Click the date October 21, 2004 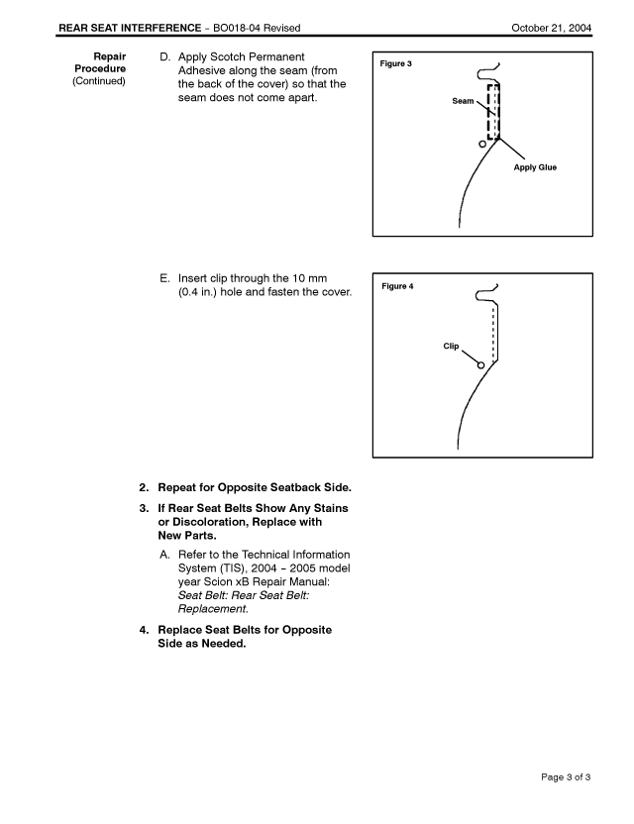[552, 26]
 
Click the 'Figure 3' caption [395, 64]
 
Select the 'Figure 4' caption [396, 286]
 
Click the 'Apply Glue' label [535, 167]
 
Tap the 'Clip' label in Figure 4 [451, 346]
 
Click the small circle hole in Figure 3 [482, 145]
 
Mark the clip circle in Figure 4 [481, 365]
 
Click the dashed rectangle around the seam [492, 111]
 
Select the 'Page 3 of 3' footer [559, 776]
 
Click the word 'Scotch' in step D [241, 56]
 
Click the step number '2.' [144, 486]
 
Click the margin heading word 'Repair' [109, 56]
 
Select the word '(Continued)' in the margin [98, 81]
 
